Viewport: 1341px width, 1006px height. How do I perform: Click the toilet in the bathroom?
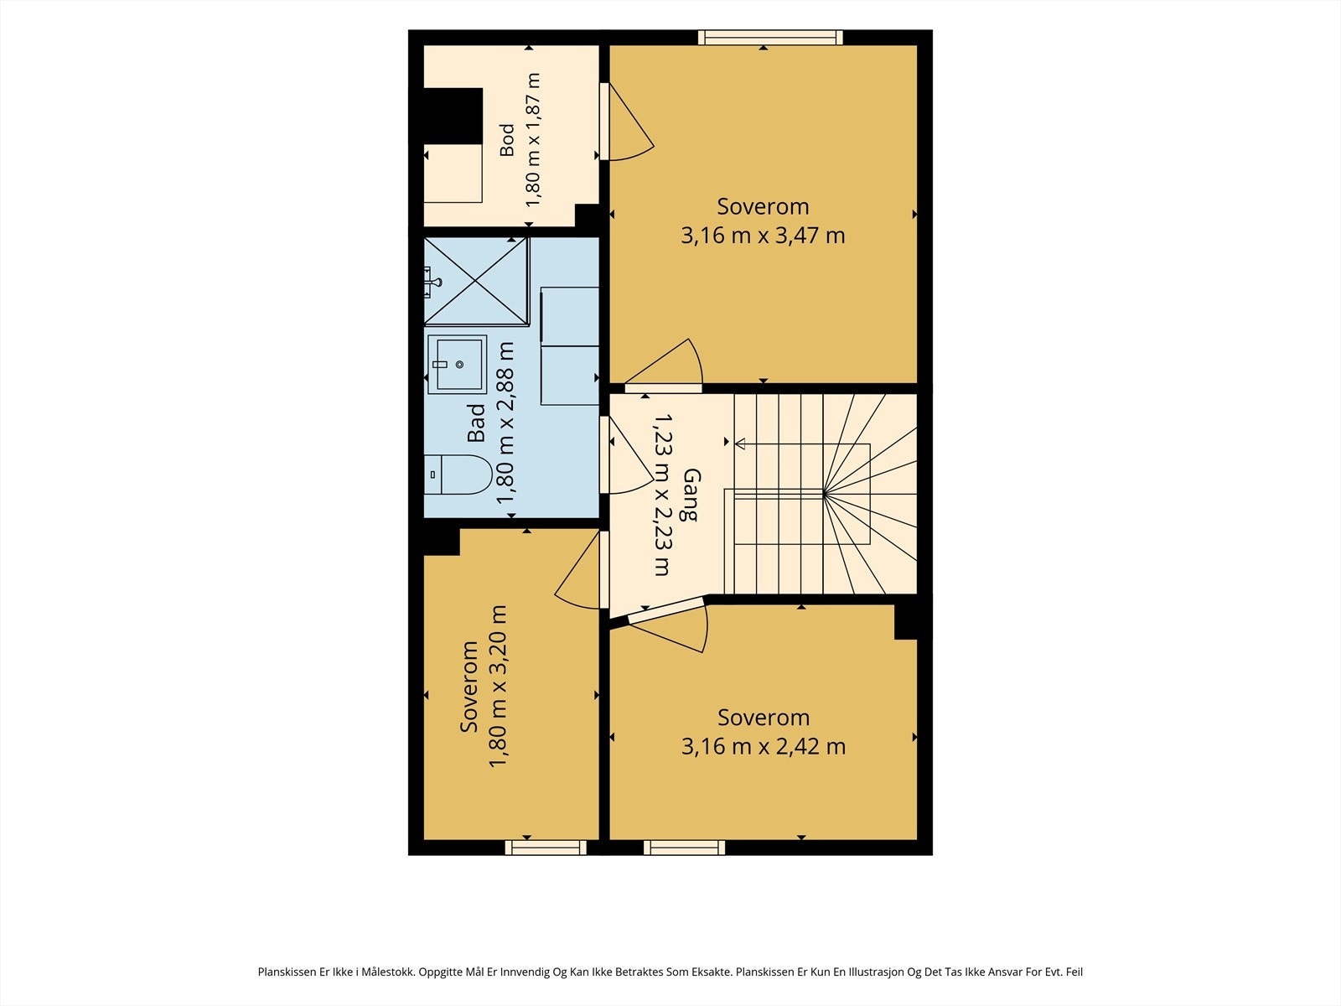pos(458,474)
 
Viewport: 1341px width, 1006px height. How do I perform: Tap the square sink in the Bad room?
pos(457,365)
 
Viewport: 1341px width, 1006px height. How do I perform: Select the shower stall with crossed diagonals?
pos(476,281)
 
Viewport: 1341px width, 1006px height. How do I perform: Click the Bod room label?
pos(507,140)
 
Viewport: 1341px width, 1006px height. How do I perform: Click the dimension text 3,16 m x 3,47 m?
pos(763,236)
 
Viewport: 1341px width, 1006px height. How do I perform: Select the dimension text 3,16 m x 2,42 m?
pos(764,746)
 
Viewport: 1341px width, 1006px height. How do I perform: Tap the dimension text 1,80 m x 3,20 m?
pos(498,686)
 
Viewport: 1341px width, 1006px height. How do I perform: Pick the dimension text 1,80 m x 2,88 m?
pos(505,423)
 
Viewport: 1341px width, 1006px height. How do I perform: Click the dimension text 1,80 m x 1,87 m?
pos(533,140)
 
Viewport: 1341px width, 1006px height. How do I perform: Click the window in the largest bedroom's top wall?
pos(770,37)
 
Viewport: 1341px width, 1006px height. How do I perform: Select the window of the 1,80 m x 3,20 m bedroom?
pos(546,848)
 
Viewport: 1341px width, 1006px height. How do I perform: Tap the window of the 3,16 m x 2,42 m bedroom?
pos(684,848)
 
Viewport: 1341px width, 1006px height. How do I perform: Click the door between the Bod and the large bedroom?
pos(626,122)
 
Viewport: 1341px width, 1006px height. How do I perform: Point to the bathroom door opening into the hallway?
pos(626,455)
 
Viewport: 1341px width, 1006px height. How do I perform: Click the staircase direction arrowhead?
pos(740,443)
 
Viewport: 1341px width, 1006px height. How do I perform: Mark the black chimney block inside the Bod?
pos(453,116)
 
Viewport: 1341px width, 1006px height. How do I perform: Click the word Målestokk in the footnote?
pos(387,972)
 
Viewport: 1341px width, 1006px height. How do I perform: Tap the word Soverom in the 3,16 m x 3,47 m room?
pos(763,206)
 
